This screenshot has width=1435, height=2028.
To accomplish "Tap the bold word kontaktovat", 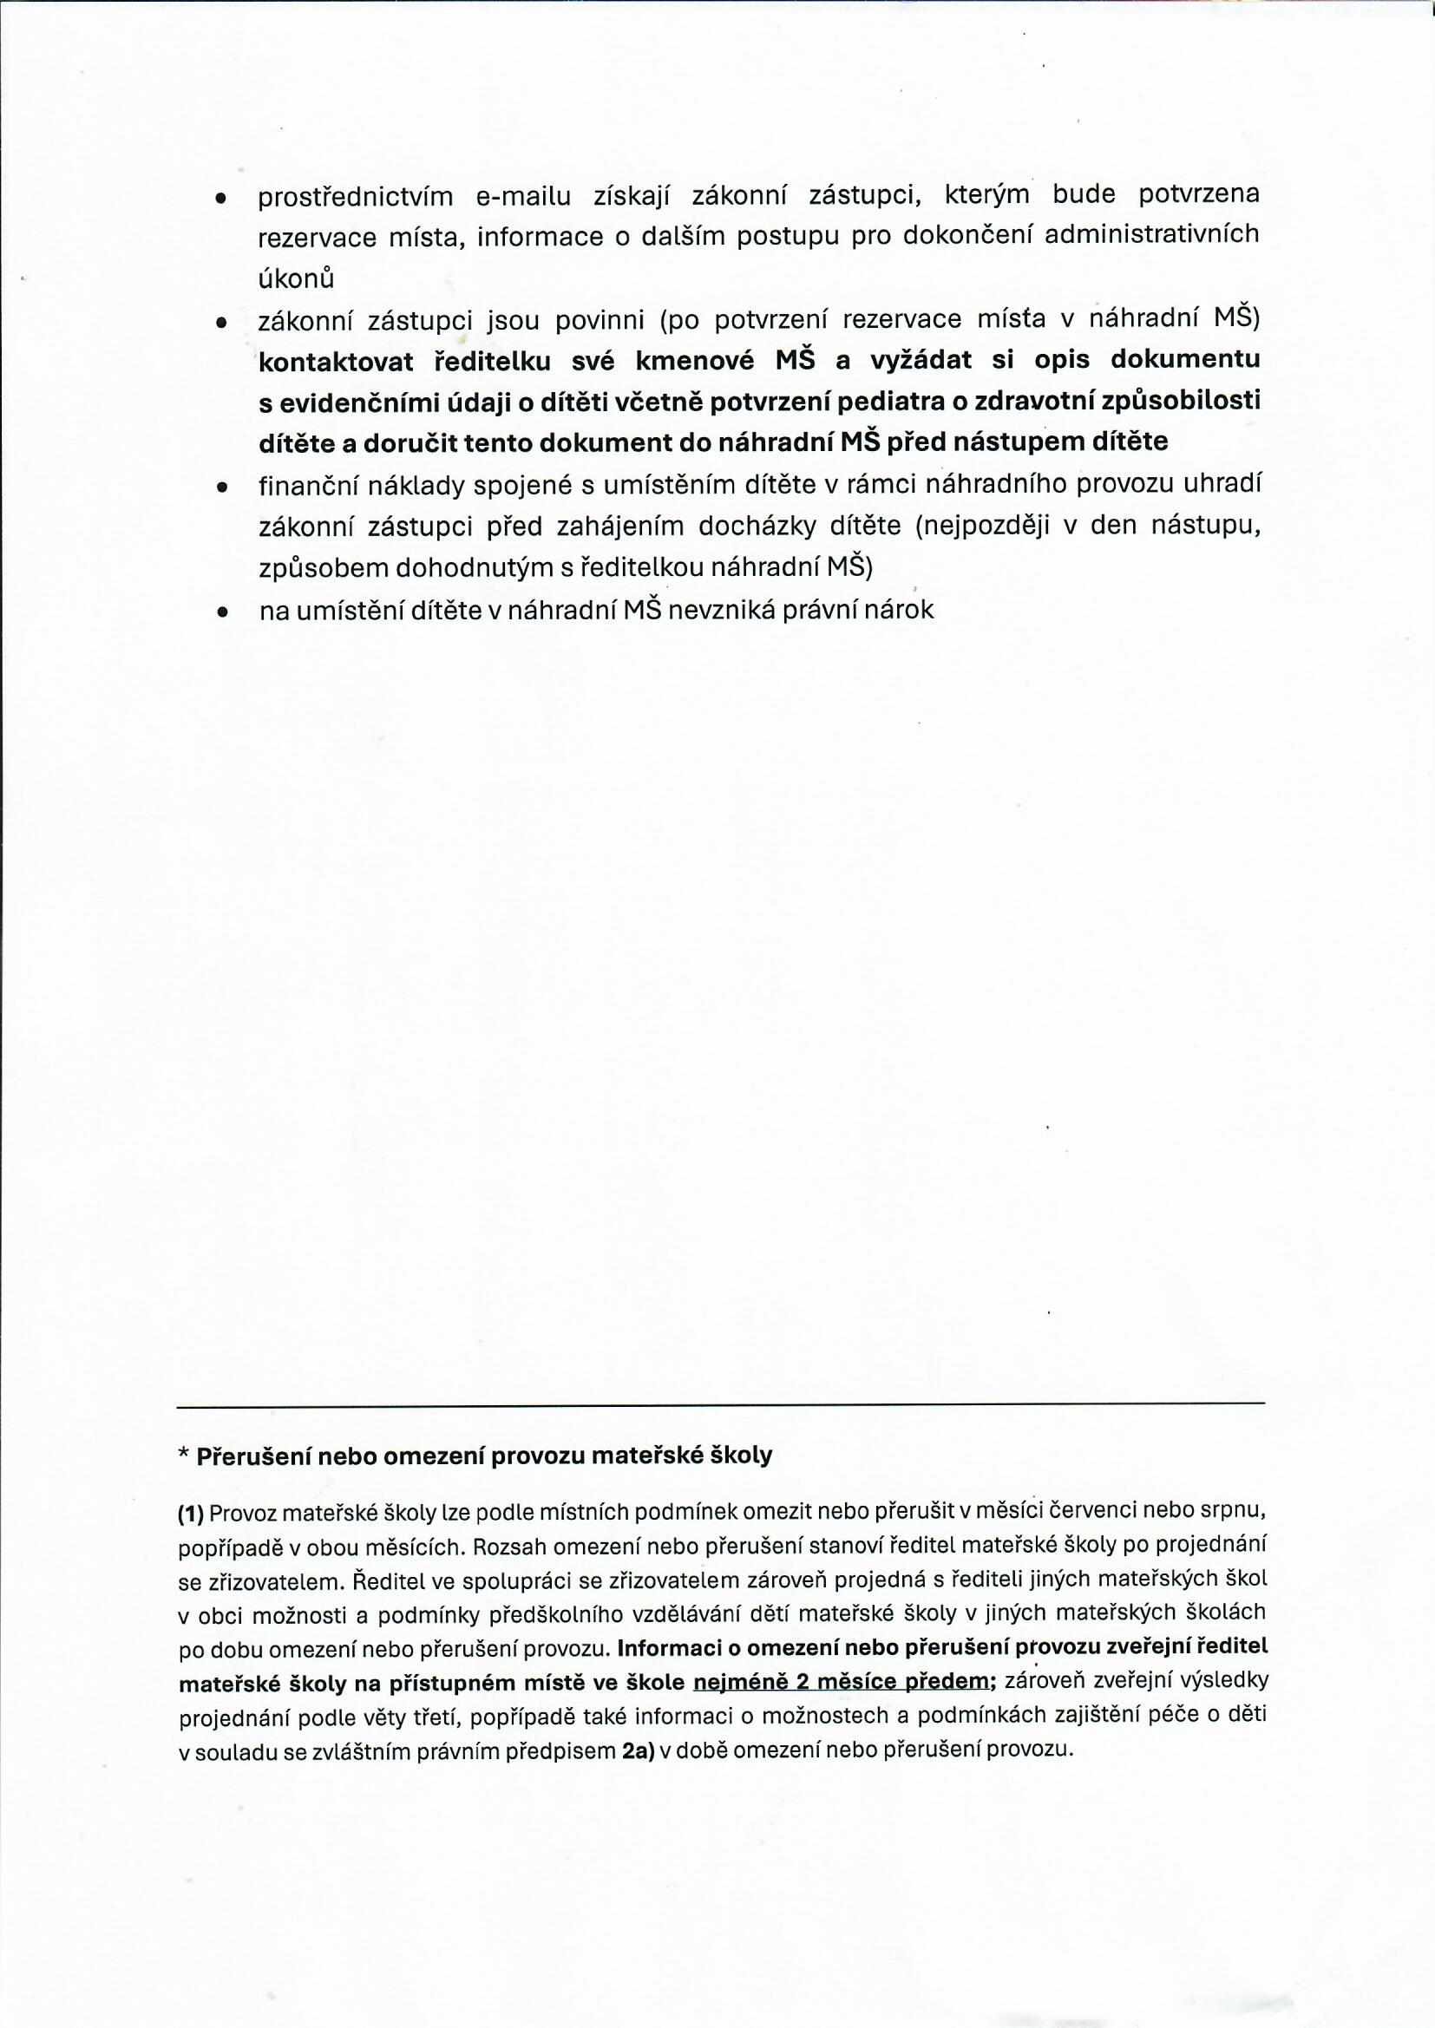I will coord(336,360).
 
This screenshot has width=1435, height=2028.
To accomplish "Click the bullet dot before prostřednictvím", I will coord(221,198).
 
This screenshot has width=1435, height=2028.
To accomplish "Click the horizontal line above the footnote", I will coord(720,1403).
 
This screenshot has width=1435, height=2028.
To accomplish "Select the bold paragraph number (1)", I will coord(191,1514).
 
